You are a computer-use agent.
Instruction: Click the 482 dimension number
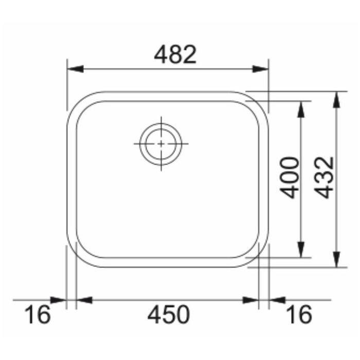[175, 55]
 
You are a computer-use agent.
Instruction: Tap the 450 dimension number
[169, 314]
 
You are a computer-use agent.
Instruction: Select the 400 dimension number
[289, 177]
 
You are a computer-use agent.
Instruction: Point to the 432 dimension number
[323, 177]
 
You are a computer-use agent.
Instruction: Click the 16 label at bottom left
[38, 314]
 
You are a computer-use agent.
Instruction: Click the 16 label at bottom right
[299, 314]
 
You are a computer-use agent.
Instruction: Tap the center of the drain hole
[161, 144]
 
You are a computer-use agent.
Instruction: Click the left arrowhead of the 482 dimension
[75, 69]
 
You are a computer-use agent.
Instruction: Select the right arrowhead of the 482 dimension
[260, 69]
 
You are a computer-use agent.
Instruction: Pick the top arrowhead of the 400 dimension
[301, 109]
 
